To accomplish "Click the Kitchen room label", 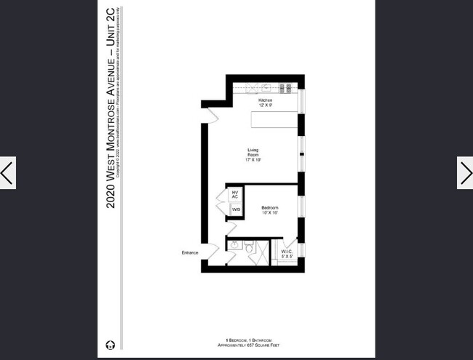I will click(x=265, y=100).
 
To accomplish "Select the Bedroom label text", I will click(x=269, y=208).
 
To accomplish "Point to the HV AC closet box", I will click(x=235, y=195).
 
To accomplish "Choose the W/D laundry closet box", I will click(x=235, y=209).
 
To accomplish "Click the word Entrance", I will click(x=189, y=252).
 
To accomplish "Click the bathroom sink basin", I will click(x=235, y=244).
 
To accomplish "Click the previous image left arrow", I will click(x=7, y=173).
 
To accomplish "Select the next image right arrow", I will click(x=465, y=173).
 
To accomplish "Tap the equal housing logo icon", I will click(x=109, y=344).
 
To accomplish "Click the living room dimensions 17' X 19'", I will click(x=253, y=159).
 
